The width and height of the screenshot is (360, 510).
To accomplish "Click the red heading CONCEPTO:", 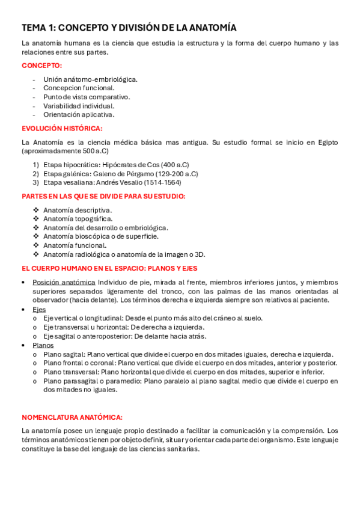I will [x=41, y=66].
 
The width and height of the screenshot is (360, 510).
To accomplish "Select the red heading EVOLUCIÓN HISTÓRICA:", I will [x=62, y=128].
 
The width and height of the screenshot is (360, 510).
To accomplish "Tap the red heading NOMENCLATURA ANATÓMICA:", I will [x=72, y=417].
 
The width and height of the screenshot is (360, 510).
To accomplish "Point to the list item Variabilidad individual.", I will [x=75, y=106].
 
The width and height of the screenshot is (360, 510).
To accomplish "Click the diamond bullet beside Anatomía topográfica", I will [x=36, y=219].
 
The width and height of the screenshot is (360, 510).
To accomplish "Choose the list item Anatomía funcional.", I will [x=75, y=245].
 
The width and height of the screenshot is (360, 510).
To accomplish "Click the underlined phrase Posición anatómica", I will [x=64, y=282].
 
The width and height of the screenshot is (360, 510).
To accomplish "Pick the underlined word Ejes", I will [x=39, y=309].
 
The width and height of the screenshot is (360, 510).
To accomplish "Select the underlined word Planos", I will [x=43, y=345].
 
